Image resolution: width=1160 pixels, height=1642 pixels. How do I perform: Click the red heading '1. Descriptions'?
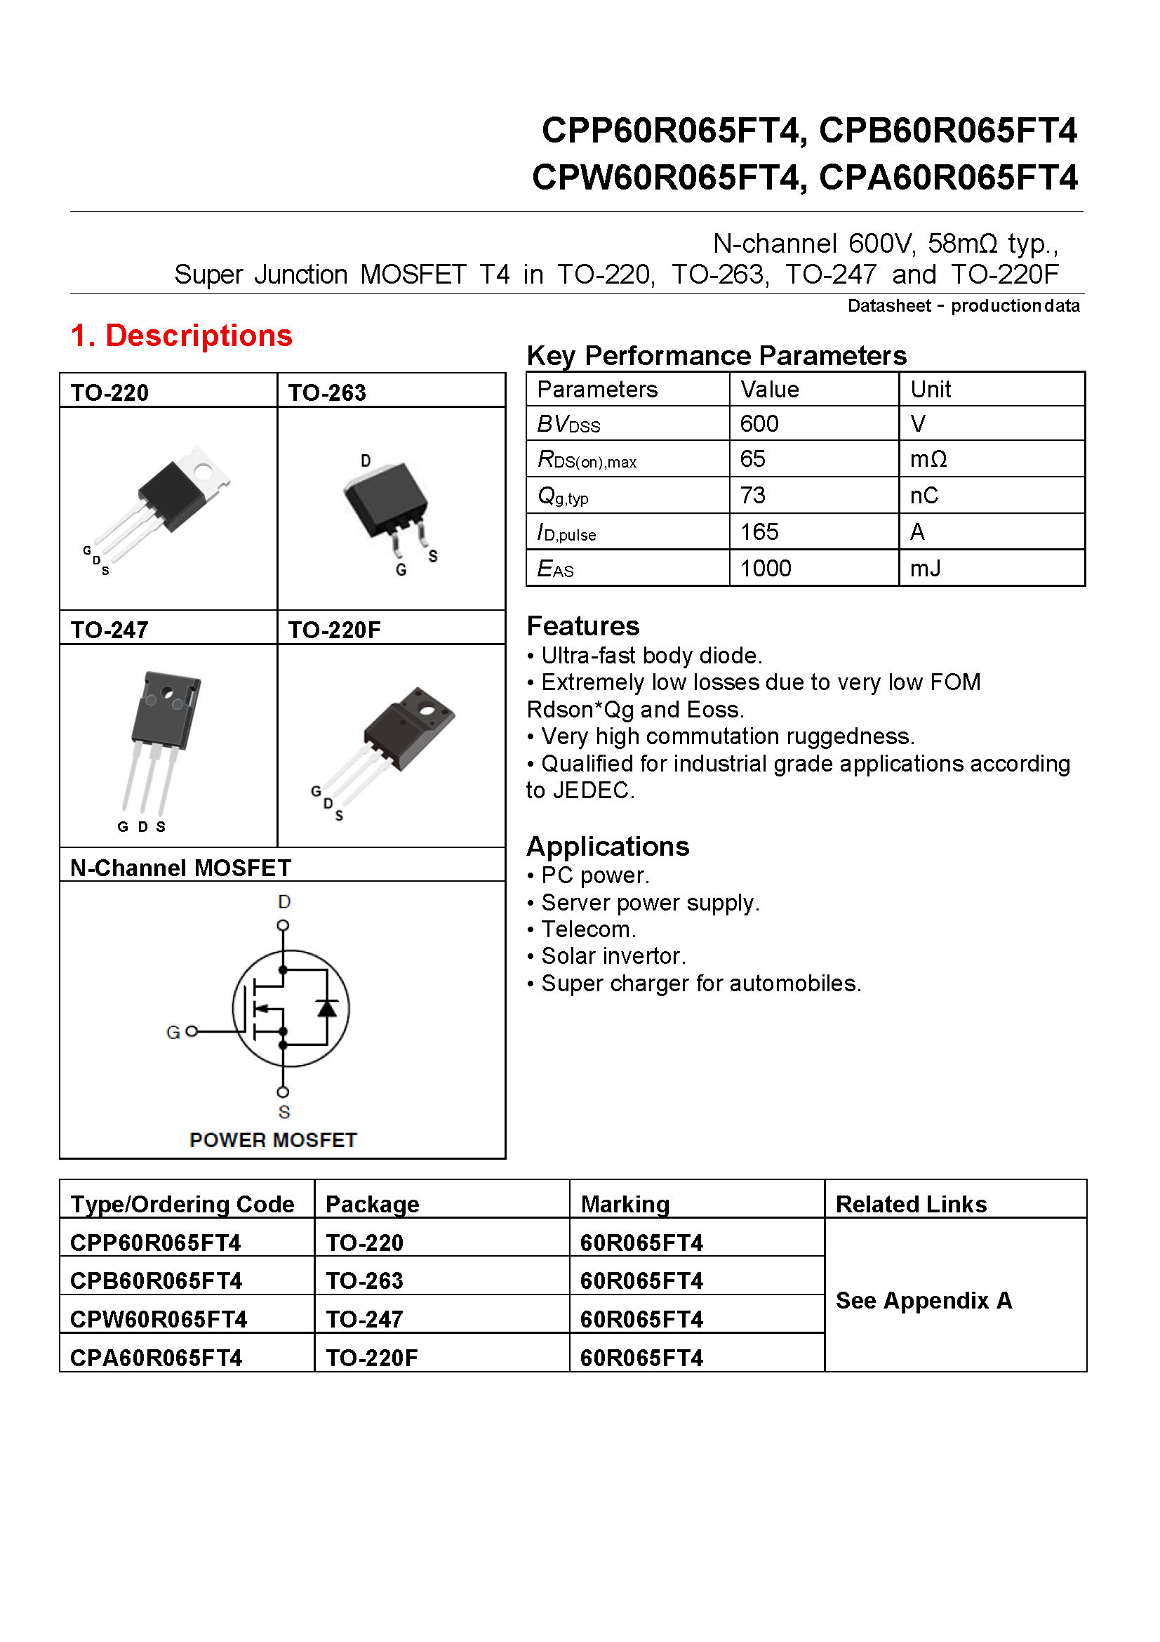(182, 336)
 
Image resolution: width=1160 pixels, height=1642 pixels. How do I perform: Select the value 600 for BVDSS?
(759, 424)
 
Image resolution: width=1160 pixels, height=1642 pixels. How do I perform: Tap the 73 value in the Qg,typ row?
(752, 496)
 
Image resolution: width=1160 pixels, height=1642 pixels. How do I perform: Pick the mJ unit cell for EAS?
(925, 569)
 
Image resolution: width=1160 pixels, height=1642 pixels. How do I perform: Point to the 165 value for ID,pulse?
(759, 532)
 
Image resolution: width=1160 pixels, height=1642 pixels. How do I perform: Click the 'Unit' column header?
(930, 390)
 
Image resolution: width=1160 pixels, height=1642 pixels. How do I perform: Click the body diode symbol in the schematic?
(327, 1008)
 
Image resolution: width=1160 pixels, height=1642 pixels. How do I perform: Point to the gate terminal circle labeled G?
(191, 1031)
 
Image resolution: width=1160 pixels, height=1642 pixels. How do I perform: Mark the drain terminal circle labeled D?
(283, 925)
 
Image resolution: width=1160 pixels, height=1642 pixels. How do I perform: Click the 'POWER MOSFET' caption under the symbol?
(273, 1140)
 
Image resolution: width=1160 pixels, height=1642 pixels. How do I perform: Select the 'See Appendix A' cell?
(924, 1300)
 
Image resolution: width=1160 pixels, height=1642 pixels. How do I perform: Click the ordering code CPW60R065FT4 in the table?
(159, 1320)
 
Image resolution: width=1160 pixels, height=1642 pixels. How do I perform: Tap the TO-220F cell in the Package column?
(372, 1358)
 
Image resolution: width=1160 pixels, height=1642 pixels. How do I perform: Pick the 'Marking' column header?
(625, 1205)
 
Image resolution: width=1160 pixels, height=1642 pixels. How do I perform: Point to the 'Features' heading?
(582, 625)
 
